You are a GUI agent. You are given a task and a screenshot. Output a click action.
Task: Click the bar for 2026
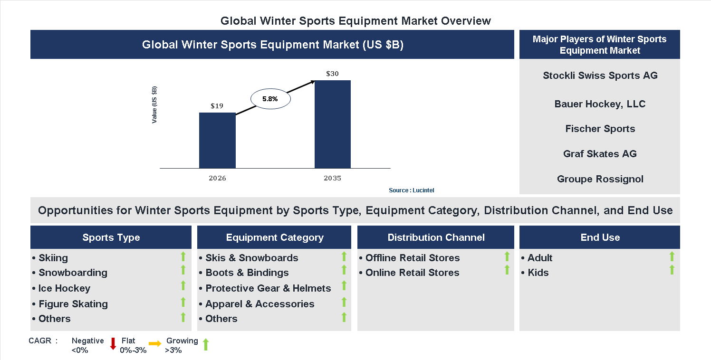tap(217, 141)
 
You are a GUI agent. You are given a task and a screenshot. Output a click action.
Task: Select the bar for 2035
tap(333, 124)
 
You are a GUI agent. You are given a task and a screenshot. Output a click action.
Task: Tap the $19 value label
tap(217, 106)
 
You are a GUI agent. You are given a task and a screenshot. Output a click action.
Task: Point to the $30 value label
tap(333, 74)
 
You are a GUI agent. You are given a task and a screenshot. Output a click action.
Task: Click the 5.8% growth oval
tap(270, 99)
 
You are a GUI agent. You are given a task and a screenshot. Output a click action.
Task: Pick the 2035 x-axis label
tap(333, 179)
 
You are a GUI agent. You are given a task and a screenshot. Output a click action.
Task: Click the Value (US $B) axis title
tap(154, 105)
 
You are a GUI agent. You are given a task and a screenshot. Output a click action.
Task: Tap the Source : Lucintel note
tap(411, 190)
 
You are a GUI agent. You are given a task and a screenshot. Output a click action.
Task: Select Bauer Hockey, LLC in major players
tap(600, 104)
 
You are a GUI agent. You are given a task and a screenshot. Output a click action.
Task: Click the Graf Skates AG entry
tap(600, 154)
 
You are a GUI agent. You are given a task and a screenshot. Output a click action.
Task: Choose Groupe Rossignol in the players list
tap(600, 179)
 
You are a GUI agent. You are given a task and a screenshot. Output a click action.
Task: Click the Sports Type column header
tap(111, 237)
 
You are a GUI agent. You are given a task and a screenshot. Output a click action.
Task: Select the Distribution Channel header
tap(436, 237)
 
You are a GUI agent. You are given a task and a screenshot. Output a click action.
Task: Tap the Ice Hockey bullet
tap(64, 288)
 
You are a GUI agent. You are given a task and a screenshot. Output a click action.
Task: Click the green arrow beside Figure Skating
tap(183, 302)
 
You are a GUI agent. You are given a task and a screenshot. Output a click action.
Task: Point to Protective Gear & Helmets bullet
tap(268, 288)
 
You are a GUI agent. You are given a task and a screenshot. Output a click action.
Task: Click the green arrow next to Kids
tap(672, 270)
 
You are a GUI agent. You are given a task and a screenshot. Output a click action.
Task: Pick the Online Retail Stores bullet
tap(412, 273)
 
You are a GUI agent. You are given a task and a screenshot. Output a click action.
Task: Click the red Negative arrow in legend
tap(113, 344)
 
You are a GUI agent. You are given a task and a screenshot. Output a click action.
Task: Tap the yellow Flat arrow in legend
tap(155, 343)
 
